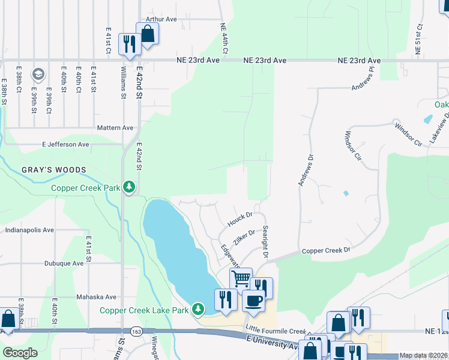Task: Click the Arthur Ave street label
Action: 158,19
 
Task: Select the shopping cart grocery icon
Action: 241,278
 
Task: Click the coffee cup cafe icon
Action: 253,300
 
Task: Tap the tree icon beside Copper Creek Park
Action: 128,187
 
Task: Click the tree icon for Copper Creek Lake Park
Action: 199,310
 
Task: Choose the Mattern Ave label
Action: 115,128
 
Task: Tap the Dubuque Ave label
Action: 64,263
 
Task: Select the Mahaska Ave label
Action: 95,296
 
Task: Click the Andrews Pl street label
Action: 363,79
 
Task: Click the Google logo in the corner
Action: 20,353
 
